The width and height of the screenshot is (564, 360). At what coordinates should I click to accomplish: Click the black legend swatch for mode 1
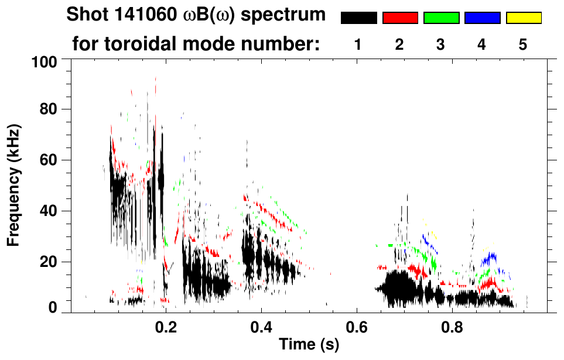click(x=359, y=18)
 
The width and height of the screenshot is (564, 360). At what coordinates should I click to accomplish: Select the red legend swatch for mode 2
click(x=400, y=18)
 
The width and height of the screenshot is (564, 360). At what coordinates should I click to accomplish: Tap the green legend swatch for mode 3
click(x=441, y=18)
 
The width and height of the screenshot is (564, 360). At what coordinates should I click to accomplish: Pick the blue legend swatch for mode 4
click(x=482, y=18)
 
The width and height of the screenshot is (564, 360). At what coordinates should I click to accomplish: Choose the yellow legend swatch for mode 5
click(x=523, y=18)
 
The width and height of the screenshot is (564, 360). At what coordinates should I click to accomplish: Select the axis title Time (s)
click(x=308, y=345)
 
